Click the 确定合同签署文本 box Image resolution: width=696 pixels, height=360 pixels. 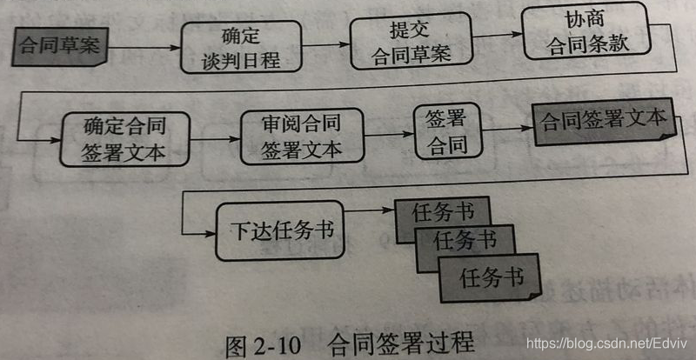pyautogui.click(x=125, y=137)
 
